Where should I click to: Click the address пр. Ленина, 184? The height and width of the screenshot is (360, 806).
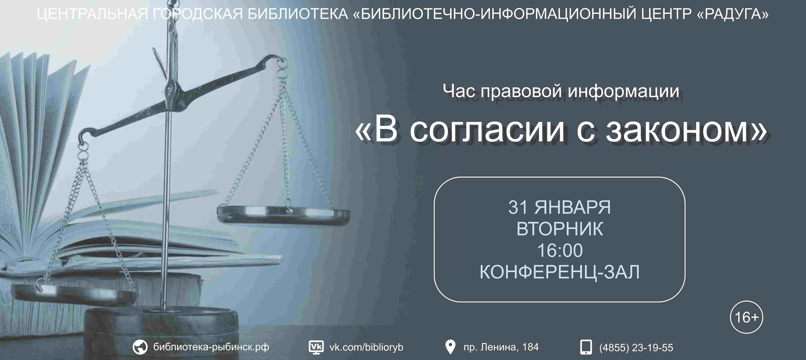click(x=501, y=347)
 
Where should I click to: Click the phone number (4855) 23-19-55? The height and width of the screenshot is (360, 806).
click(x=636, y=347)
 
